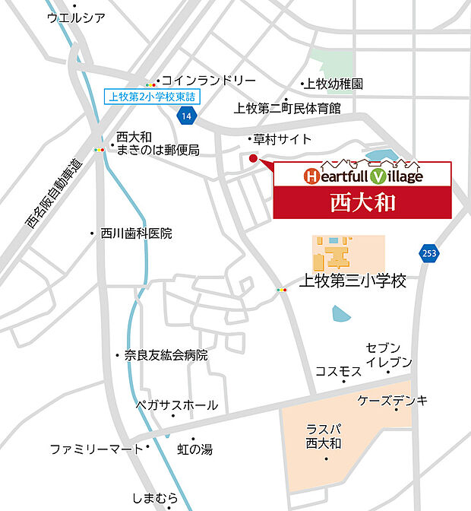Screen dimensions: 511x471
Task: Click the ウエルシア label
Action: pyautogui.click(x=76, y=17)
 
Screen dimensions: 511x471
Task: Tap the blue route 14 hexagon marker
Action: pyautogui.click(x=186, y=116)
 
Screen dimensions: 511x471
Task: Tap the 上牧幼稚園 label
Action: pyautogui.click(x=333, y=84)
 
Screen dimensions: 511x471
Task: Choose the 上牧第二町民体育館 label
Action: pyautogui.click(x=287, y=108)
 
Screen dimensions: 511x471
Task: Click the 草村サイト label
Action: pyautogui.click(x=283, y=139)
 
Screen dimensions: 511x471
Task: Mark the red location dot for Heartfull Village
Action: pyautogui.click(x=254, y=158)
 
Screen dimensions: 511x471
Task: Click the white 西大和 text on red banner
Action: pyautogui.click(x=362, y=202)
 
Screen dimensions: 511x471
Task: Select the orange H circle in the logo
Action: pyautogui.click(x=311, y=176)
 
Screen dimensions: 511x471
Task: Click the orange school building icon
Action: pyautogui.click(x=333, y=252)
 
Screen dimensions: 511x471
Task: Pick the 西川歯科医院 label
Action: pyautogui.click(x=136, y=233)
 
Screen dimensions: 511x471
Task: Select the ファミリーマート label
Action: pyautogui.click(x=96, y=449)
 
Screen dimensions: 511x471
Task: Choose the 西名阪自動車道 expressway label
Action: pyautogui.click(x=52, y=194)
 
